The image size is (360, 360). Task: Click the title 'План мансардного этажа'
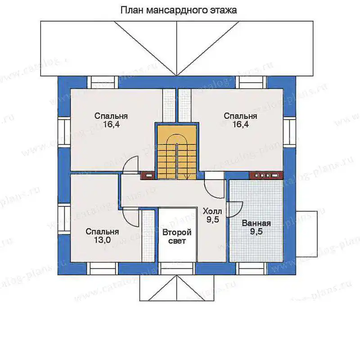pos(178,10)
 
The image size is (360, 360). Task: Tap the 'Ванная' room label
pos(256,223)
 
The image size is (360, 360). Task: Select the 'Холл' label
pos(212,211)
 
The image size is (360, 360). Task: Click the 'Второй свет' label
pos(177,237)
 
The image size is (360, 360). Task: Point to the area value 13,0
pos(102,240)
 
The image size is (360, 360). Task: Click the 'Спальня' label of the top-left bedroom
pos(111,116)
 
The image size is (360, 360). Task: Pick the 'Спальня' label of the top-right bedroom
pos(240,116)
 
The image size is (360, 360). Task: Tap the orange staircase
pos(177,152)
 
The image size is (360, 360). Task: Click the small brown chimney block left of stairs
pos(148,175)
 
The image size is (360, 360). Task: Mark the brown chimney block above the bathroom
pos(266,175)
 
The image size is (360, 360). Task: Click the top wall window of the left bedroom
pos(103,82)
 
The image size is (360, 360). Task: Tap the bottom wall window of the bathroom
pos(252,268)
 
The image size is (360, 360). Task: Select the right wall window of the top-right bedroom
pos(289,132)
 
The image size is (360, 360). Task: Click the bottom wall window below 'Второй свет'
pos(177,268)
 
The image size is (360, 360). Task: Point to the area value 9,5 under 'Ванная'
pos(256,231)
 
